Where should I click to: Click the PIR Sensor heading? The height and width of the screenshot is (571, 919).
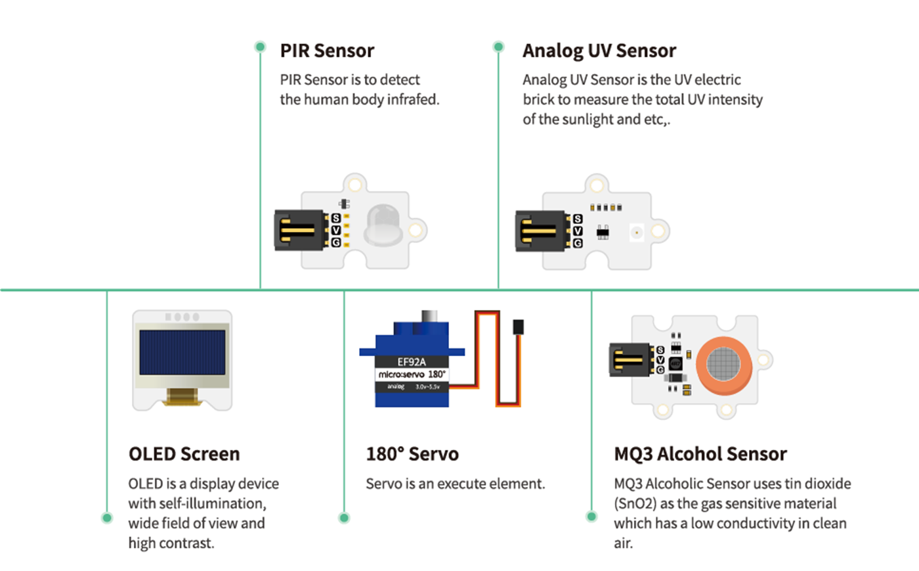[x=327, y=51]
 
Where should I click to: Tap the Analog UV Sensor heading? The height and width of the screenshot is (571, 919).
[x=599, y=51]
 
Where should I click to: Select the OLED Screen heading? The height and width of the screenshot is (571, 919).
[x=184, y=454]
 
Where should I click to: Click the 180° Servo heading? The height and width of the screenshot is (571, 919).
[x=412, y=454]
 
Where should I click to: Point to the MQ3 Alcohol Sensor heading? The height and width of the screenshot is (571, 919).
[x=700, y=454]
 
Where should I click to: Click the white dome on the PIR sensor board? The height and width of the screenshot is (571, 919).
[x=383, y=223]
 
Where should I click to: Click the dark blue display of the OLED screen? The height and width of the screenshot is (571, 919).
[x=182, y=352]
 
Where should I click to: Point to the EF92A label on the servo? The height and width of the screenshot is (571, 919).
[x=412, y=361]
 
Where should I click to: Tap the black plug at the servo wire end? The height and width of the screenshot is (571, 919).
[x=518, y=327]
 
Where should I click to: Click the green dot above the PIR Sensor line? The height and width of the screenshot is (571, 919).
[x=260, y=47]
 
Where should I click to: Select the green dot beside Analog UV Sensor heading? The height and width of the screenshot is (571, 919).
[x=498, y=47]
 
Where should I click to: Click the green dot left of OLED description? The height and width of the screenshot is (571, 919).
[x=107, y=518]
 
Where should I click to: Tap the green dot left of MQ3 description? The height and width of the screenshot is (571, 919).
[x=591, y=516]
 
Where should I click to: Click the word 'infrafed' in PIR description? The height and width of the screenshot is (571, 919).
[x=412, y=100]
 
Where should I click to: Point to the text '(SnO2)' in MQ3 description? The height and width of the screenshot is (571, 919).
[x=635, y=504]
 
